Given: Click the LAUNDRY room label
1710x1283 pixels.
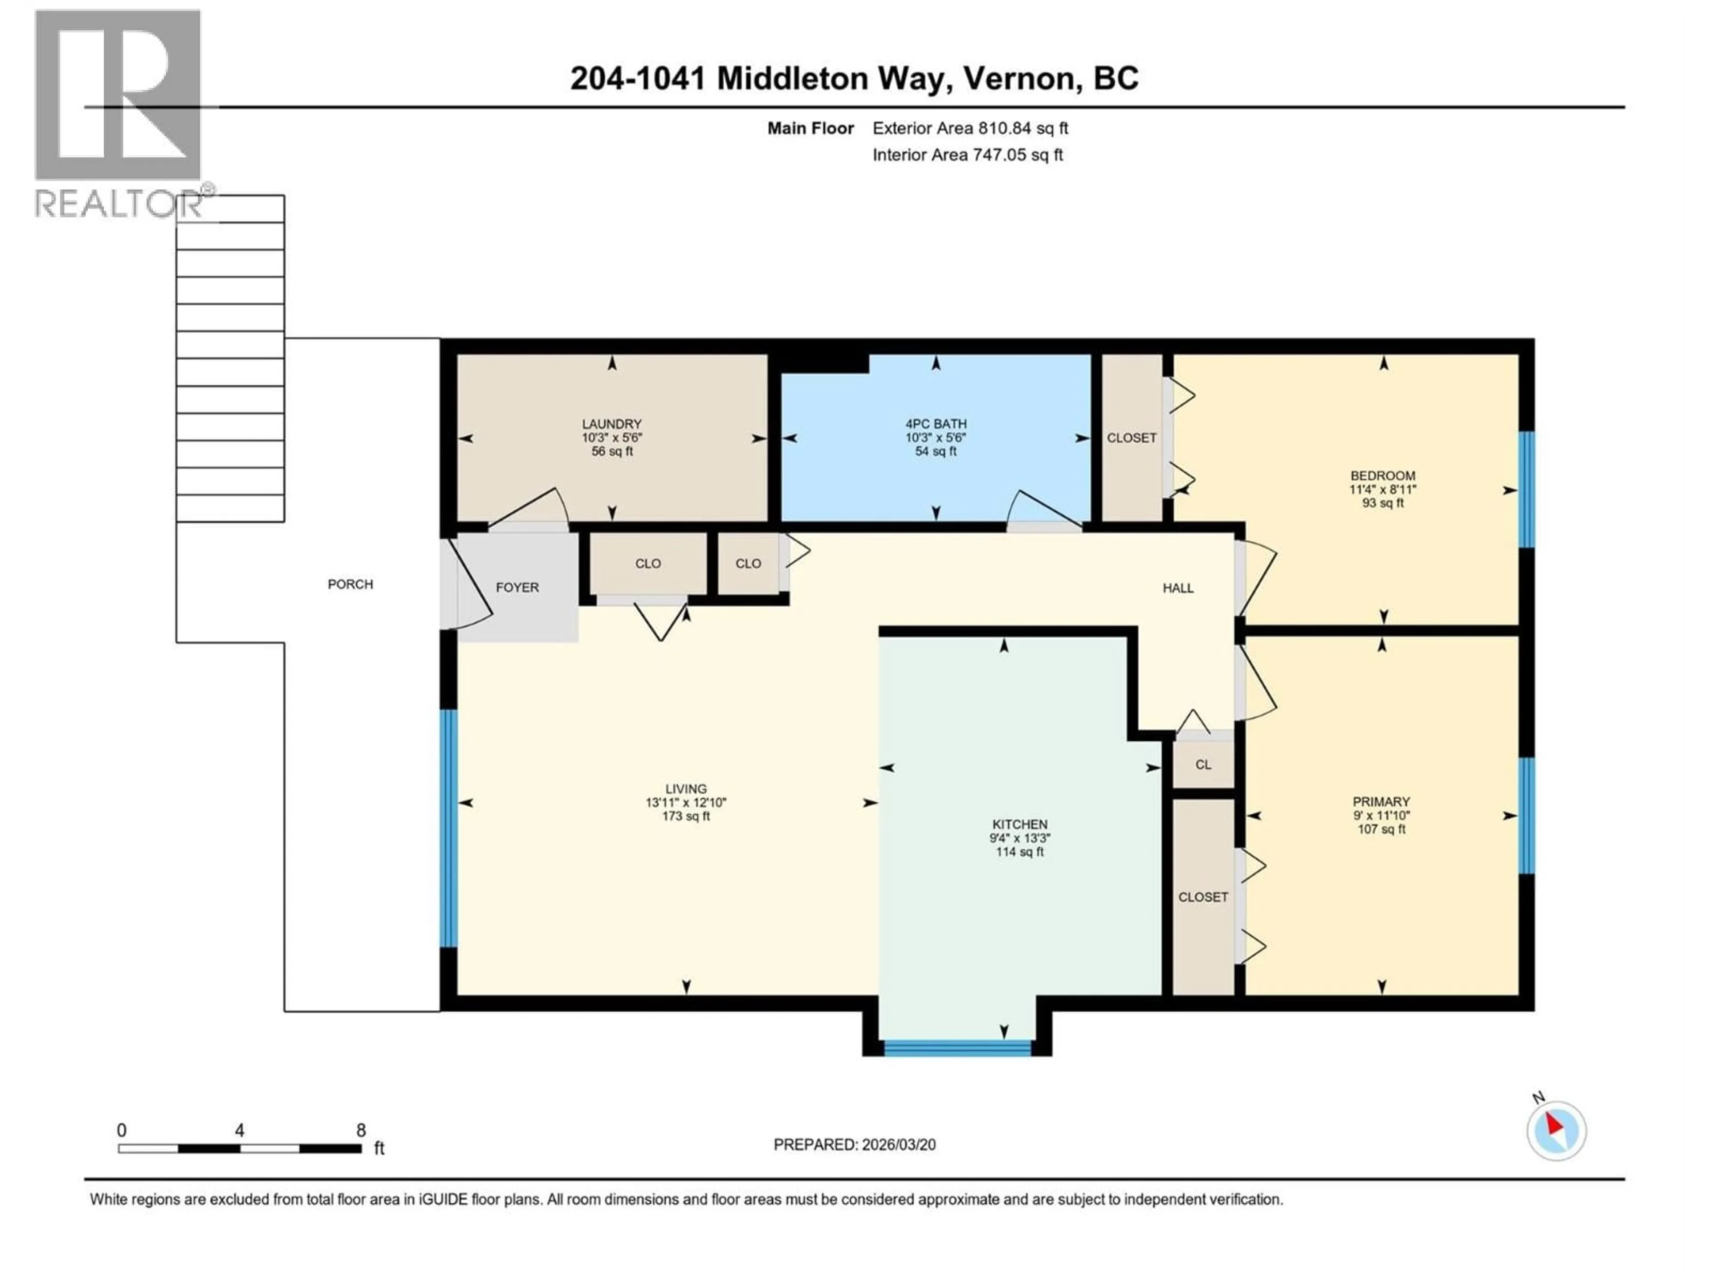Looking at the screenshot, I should pyautogui.click(x=611, y=424).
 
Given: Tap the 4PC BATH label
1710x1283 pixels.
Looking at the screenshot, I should pyautogui.click(x=936, y=424).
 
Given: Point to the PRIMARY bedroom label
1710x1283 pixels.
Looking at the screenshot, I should pyautogui.click(x=1380, y=802).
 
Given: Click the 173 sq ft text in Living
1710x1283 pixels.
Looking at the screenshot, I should pyautogui.click(x=686, y=816).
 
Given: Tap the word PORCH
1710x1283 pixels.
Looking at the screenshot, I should pyautogui.click(x=350, y=584).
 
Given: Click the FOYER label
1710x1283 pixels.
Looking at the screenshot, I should pyautogui.click(x=517, y=588).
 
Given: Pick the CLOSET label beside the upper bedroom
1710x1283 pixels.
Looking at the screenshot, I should pyautogui.click(x=1131, y=438).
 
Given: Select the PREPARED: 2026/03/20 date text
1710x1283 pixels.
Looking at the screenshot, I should pyautogui.click(x=854, y=1144).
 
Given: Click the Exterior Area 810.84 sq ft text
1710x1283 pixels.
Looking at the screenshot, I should pyautogui.click(x=970, y=128).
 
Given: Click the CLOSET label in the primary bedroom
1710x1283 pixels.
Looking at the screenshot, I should pyautogui.click(x=1203, y=897).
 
